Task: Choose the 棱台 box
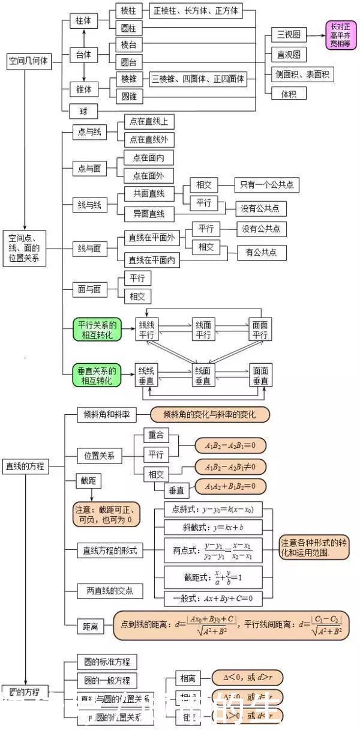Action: point(128,45)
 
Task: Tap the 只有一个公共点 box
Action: point(267,185)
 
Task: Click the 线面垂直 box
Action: point(203,376)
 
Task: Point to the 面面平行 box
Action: point(260,330)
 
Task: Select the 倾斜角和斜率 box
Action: point(107,414)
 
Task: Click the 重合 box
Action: point(156,435)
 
